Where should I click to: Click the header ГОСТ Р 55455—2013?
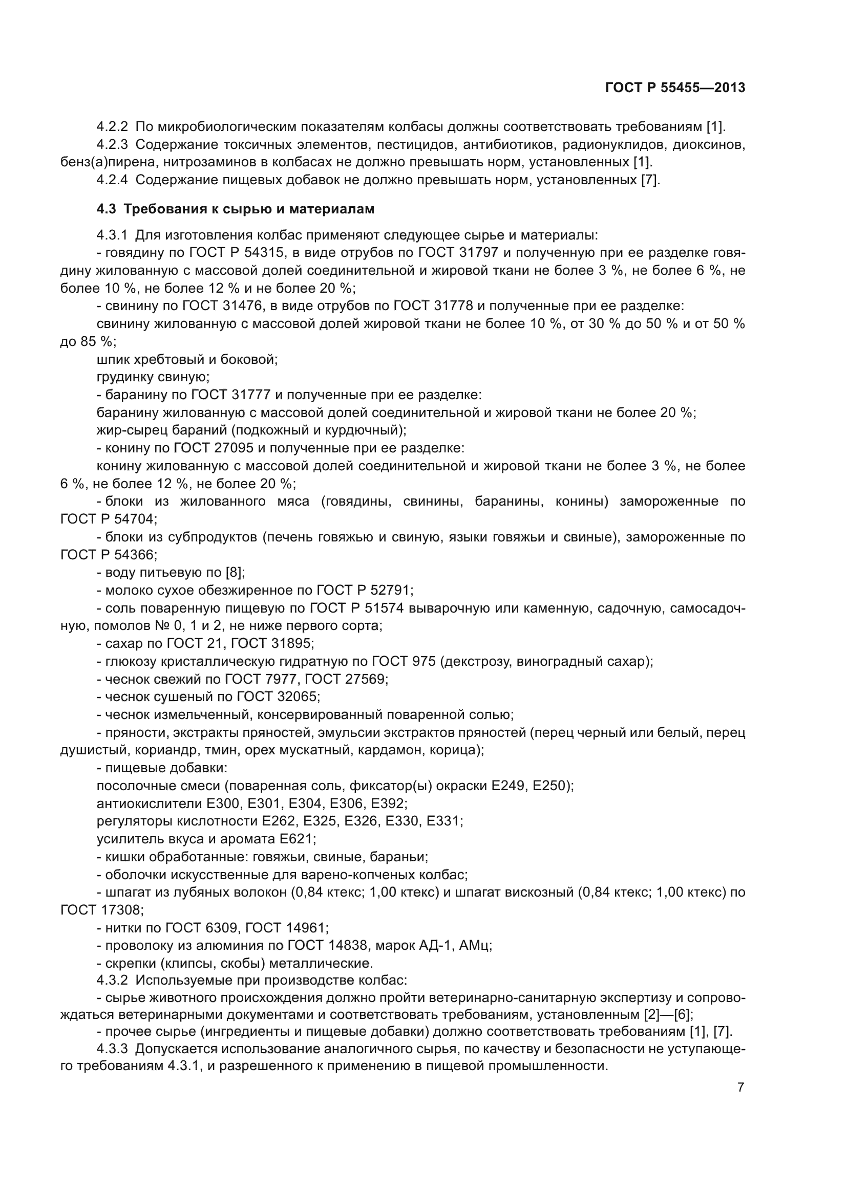[x=675, y=88]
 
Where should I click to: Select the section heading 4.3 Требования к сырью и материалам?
[x=236, y=209]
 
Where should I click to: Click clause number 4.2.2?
[x=112, y=127]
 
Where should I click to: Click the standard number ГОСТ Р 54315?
[x=236, y=253]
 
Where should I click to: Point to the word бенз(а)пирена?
[x=109, y=162]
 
